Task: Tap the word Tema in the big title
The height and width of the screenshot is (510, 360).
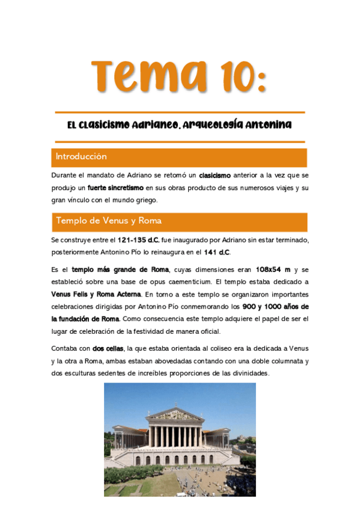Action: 143,77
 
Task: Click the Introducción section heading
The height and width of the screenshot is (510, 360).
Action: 81,156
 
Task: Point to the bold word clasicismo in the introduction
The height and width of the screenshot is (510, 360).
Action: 215,175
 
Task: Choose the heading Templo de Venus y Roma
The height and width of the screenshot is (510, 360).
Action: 108,221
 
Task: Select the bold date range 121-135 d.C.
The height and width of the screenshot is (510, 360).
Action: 138,240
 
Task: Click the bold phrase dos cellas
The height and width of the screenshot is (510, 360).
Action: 108,348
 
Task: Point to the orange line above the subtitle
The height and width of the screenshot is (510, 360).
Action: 180,112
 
